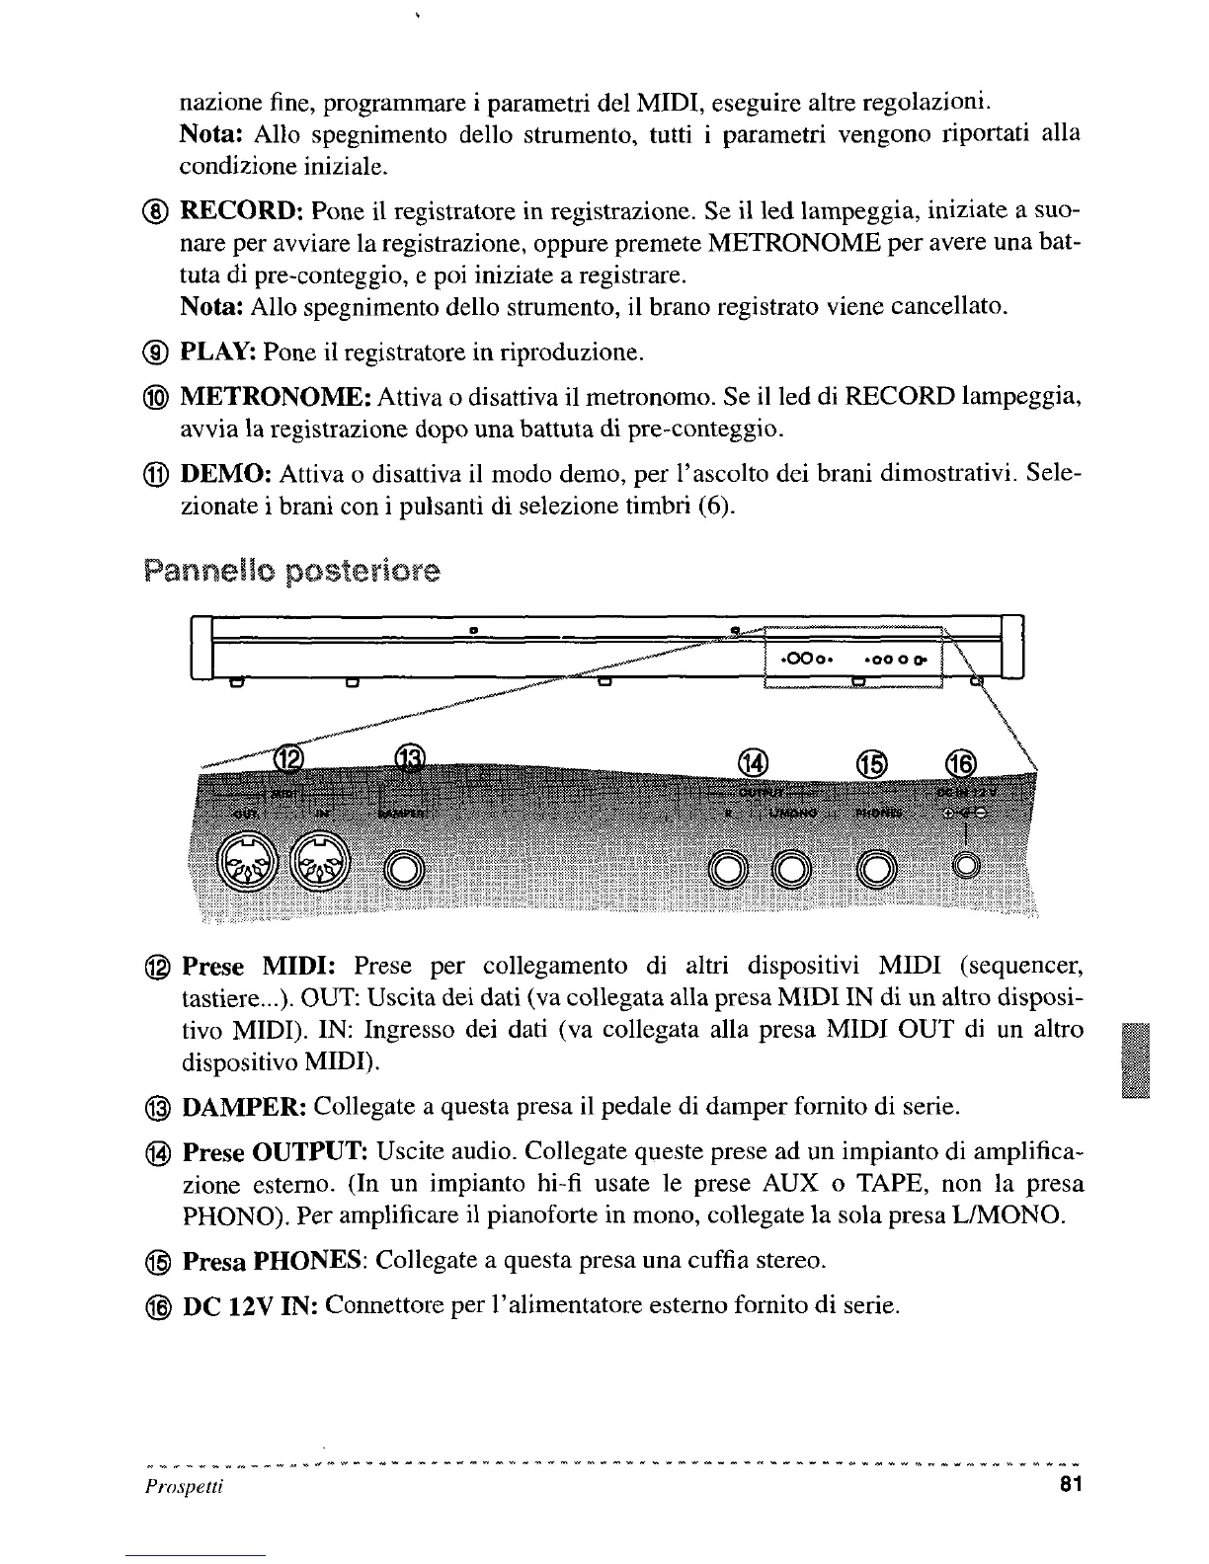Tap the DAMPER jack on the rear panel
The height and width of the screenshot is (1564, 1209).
[x=403, y=868]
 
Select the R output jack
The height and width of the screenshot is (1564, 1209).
[x=730, y=868]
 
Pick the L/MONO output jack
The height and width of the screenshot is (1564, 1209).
[x=791, y=868]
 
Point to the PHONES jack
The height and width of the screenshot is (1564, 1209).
[x=872, y=868]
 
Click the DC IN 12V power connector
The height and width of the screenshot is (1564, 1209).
[x=964, y=866]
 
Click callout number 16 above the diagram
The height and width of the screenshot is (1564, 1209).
[x=960, y=762]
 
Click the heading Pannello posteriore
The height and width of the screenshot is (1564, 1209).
[x=292, y=572]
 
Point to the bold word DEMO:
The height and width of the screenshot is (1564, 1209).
[x=226, y=473]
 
